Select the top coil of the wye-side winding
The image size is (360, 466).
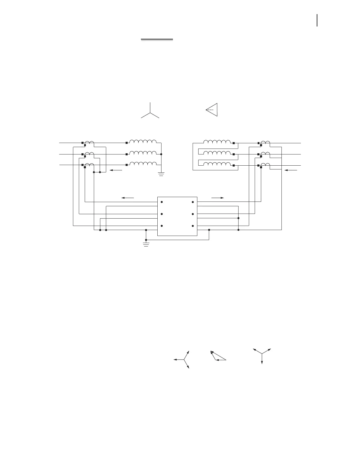coord(143,142)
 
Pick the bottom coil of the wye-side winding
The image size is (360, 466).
coord(143,164)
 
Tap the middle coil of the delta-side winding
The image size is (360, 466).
coord(217,153)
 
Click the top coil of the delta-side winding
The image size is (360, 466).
coord(217,142)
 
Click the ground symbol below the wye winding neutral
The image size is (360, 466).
coord(161,174)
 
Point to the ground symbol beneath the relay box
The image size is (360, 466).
coord(146,244)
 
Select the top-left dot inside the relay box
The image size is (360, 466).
coord(162,202)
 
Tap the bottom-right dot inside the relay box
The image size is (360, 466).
coord(193,226)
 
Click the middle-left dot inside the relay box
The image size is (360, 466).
coord(162,214)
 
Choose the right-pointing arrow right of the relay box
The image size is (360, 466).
coord(218,198)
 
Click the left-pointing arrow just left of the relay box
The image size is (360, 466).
coord(128,198)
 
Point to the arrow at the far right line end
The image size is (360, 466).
coord(291,170)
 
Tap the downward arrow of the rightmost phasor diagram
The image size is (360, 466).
coord(262,359)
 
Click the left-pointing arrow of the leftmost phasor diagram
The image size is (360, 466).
coord(178,360)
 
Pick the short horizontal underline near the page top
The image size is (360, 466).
coord(157,39)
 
